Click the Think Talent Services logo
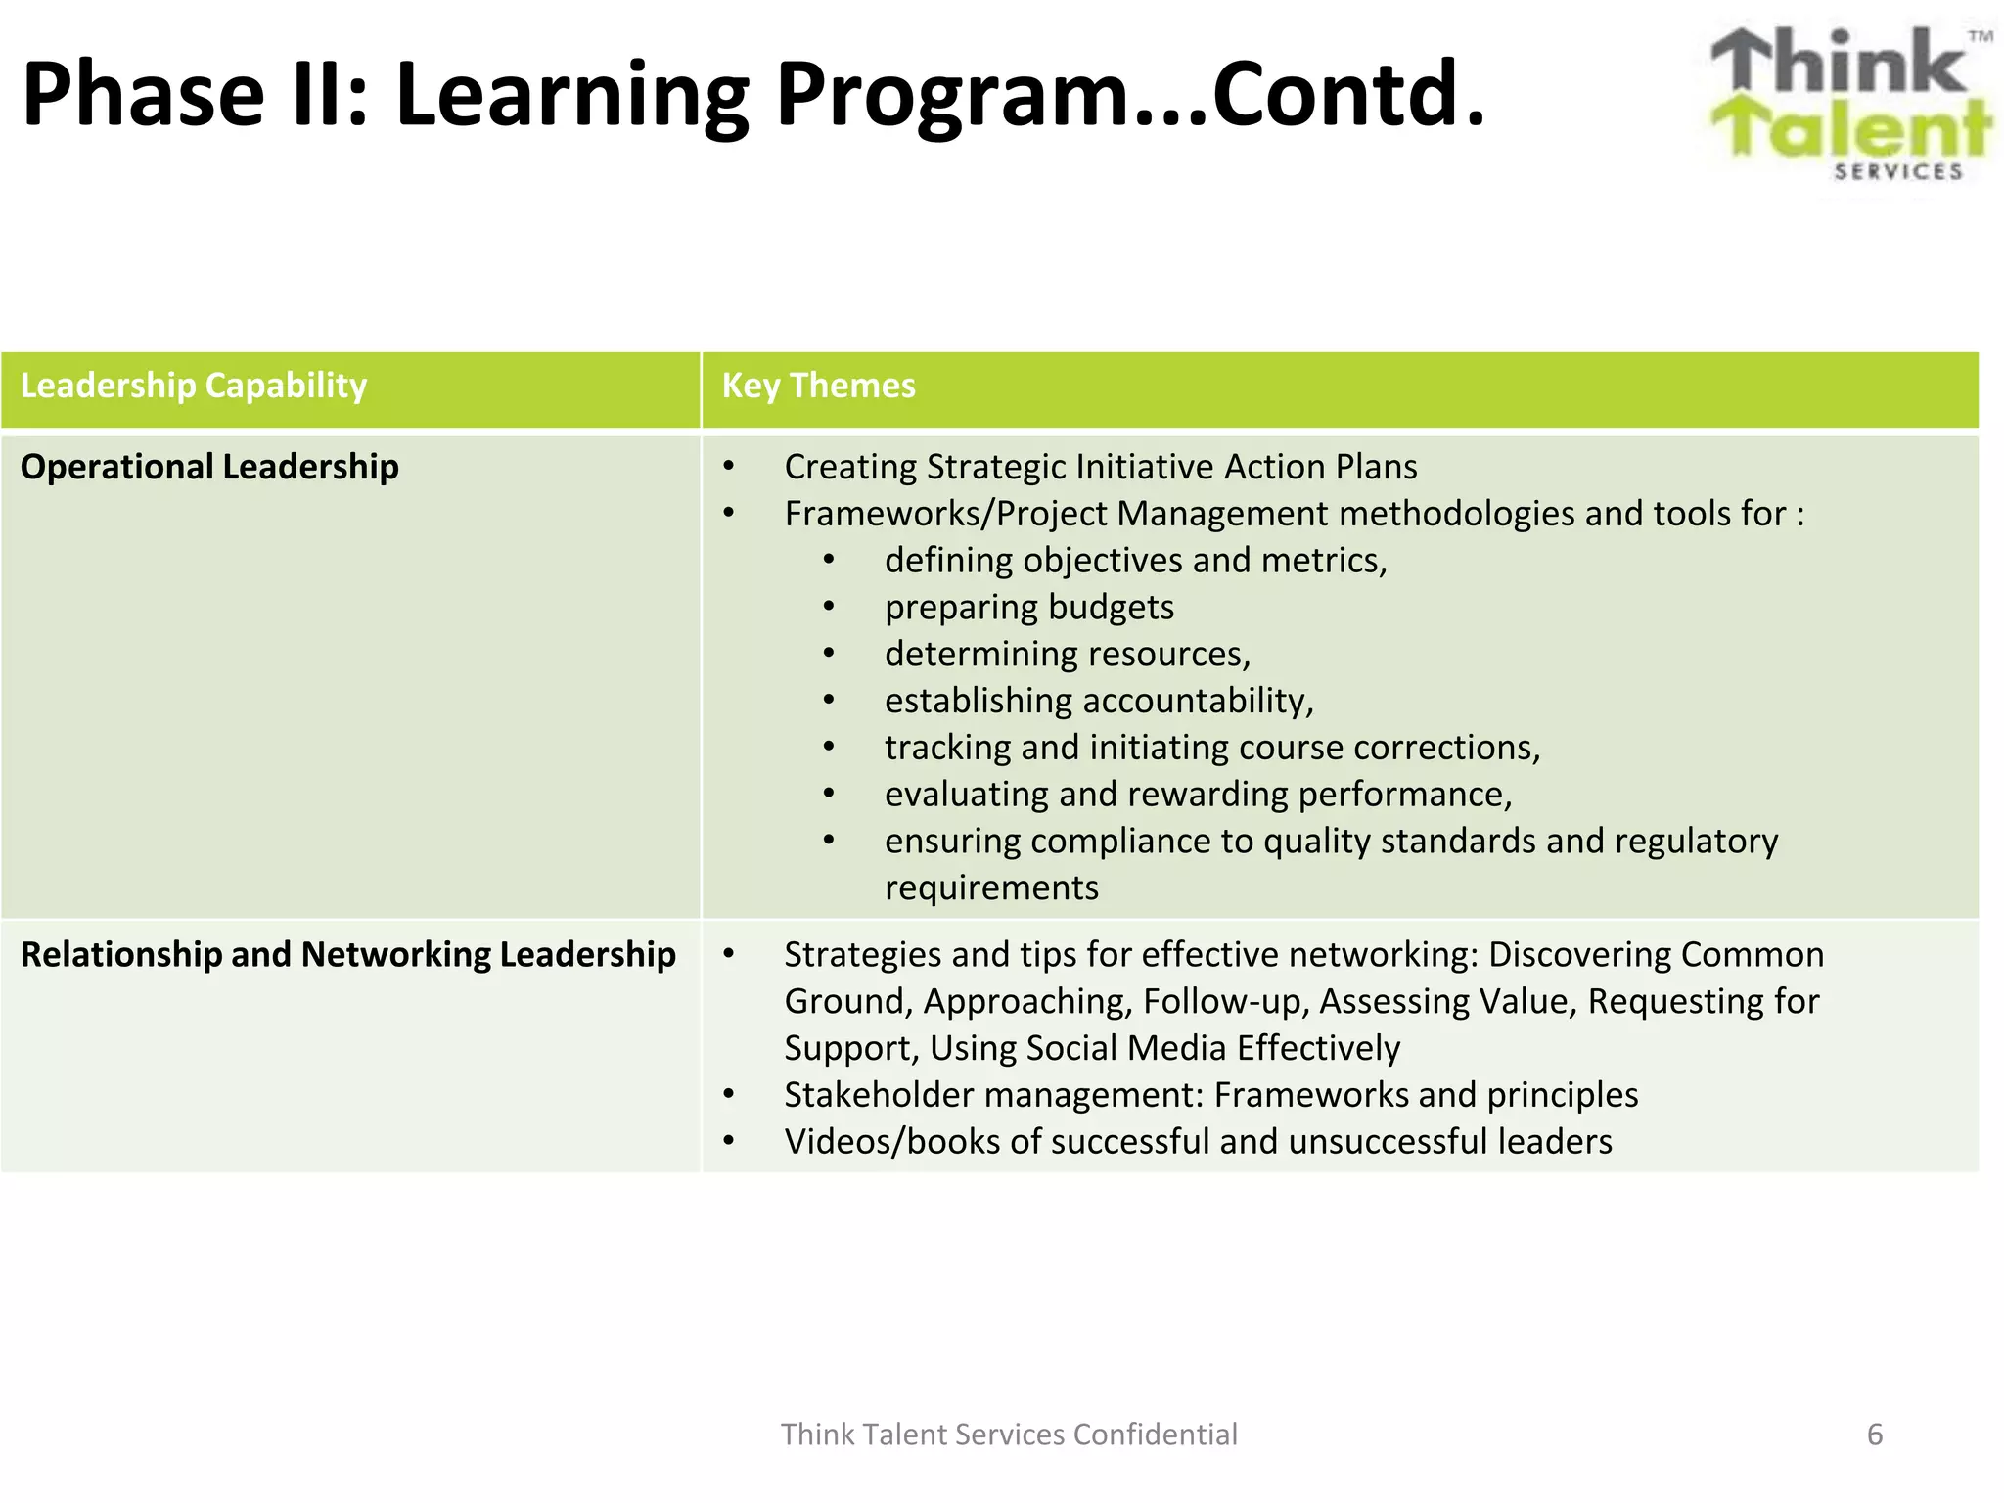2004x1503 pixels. coord(1849,103)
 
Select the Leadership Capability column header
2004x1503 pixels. coord(194,386)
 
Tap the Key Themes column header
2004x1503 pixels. coord(818,386)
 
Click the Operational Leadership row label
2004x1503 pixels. coord(209,467)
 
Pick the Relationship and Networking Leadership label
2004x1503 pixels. coord(347,954)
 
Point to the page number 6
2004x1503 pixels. coord(1874,1435)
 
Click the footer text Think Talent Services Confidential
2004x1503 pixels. coord(1009,1435)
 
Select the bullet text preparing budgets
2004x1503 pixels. coord(1028,608)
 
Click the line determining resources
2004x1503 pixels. coord(1067,654)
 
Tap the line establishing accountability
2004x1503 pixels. coord(1098,701)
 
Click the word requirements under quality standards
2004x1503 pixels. coord(991,888)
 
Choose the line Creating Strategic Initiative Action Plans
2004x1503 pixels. coord(1100,467)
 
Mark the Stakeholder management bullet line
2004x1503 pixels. coord(1210,1095)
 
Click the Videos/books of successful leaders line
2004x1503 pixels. coord(1198,1142)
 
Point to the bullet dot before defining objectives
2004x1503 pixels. coord(829,560)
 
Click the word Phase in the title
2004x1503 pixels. coord(144,95)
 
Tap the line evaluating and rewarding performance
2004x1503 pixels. coord(1198,795)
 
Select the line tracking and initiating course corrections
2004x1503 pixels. coord(1211,748)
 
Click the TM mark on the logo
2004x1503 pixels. coord(1980,37)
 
